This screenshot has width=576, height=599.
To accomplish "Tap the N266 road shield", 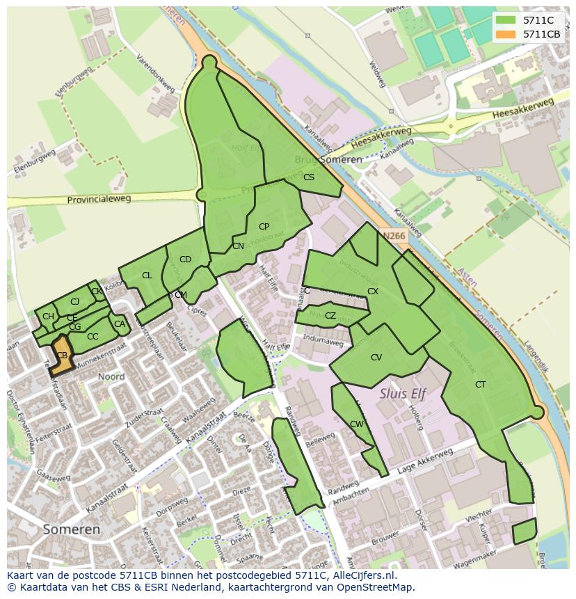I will click(x=394, y=236).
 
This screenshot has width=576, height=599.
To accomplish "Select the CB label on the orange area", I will click(x=62, y=356).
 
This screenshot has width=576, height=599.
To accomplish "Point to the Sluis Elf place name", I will click(x=402, y=393).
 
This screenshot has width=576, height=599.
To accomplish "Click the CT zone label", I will click(x=480, y=384).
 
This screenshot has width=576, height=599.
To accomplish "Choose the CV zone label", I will click(x=376, y=358).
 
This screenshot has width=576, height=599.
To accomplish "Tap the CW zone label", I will click(x=357, y=424).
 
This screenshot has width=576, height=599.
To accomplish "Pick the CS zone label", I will click(x=309, y=177).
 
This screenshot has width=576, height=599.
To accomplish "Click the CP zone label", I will click(x=264, y=227).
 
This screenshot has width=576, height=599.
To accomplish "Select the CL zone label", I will click(x=147, y=275).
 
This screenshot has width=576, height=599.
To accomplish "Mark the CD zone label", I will click(x=185, y=259).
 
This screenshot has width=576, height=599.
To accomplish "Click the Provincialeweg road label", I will click(x=99, y=200).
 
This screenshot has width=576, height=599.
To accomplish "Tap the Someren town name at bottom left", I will click(x=71, y=529).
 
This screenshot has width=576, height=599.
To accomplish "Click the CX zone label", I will click(x=373, y=291).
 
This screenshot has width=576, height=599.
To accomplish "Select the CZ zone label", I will click(x=330, y=316).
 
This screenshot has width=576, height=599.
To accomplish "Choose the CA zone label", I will click(x=120, y=324).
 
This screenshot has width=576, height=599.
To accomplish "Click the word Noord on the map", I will click(x=111, y=376).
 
